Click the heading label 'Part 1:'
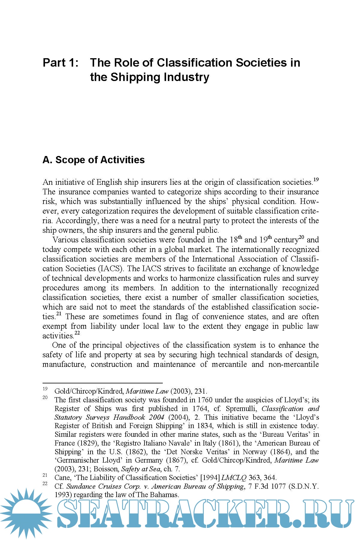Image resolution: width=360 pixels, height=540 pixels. point(61,63)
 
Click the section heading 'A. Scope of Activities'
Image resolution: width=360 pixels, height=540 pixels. point(94,160)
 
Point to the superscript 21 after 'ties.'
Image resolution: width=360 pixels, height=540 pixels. point(59,314)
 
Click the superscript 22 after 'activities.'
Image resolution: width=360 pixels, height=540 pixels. point(77,333)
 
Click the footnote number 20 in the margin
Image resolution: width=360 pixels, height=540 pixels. point(45,398)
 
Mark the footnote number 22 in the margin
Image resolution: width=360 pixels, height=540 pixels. point(45,484)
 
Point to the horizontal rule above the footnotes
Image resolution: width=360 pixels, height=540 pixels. point(103,383)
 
